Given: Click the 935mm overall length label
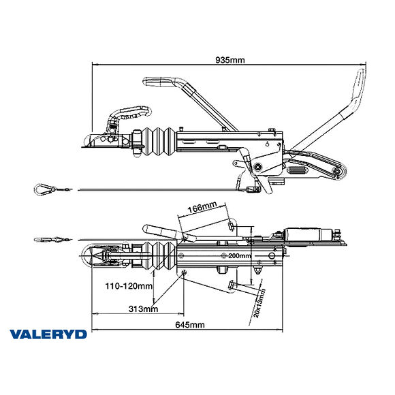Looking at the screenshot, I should tap(232, 61).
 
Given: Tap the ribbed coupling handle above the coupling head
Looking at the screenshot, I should tap(129, 110).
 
